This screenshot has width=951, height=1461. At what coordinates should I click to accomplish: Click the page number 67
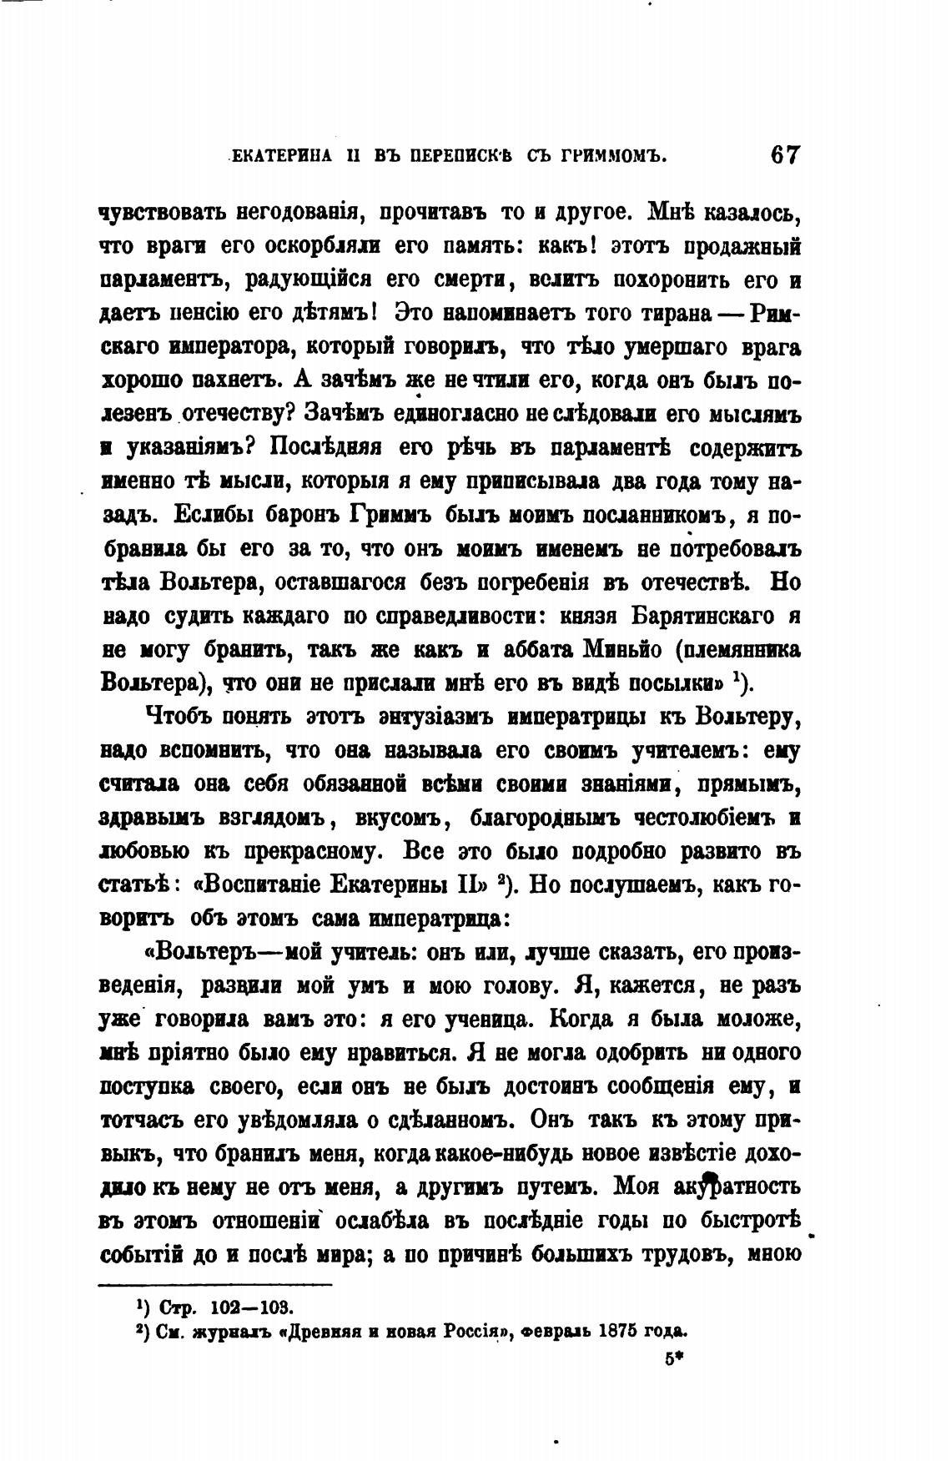[x=785, y=156]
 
